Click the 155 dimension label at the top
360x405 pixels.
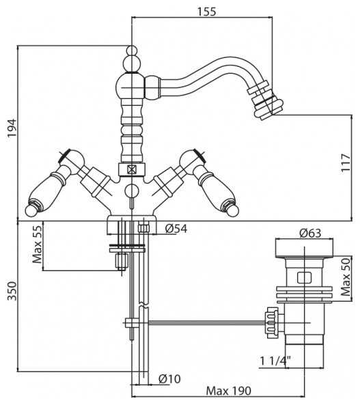coord(206,12)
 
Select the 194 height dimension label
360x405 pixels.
coord(12,128)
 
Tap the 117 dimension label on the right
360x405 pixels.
coord(346,163)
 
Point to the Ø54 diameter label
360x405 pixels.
coord(176,229)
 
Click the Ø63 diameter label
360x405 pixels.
coord(310,234)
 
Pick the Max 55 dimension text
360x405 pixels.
coord(37,245)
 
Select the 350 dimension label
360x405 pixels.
coord(12,291)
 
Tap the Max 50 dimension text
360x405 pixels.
coord(346,277)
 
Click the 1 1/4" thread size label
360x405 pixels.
coord(275,361)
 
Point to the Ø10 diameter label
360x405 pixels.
coord(169,379)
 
